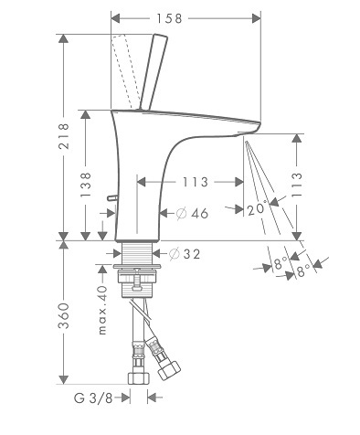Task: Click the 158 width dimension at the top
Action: coord(169,18)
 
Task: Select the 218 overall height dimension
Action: coord(64,136)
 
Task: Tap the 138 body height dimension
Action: coord(86,185)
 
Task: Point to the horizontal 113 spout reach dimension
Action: coord(196,182)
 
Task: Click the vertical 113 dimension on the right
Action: coord(297,185)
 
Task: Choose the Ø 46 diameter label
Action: coord(192,214)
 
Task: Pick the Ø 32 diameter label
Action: coord(185,254)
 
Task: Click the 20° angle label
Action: coord(257,209)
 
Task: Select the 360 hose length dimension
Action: coord(64,315)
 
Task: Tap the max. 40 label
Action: coord(102,310)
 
